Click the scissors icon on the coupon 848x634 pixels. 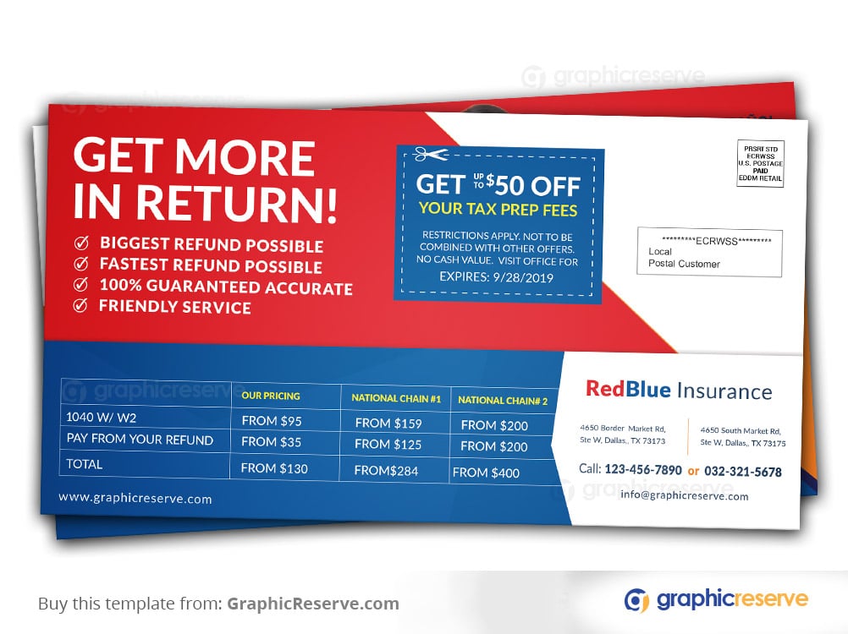pyautogui.click(x=431, y=155)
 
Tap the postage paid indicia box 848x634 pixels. pyautogui.click(x=760, y=163)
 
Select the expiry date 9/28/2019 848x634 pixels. pyautogui.click(x=523, y=278)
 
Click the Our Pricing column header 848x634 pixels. pyautogui.click(x=271, y=396)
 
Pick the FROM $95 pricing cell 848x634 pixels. pyautogui.click(x=272, y=421)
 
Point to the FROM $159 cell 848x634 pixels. pyautogui.click(x=388, y=424)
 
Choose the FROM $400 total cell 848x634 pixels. pyautogui.click(x=486, y=473)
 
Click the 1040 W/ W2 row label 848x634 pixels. pyautogui.click(x=101, y=418)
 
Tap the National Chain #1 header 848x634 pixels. pyautogui.click(x=396, y=398)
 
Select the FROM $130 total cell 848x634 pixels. pyautogui.click(x=274, y=468)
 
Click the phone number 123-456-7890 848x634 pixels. pyautogui.click(x=643, y=470)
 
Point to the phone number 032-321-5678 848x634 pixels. pyautogui.click(x=743, y=472)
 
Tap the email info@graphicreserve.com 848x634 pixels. pyautogui.click(x=684, y=495)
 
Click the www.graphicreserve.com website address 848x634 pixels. pyautogui.click(x=135, y=498)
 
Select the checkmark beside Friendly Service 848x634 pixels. pyautogui.click(x=80, y=306)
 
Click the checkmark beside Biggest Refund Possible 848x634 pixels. pyautogui.click(x=81, y=243)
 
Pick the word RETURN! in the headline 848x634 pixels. pyautogui.click(x=236, y=203)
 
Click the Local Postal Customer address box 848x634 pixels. pyautogui.click(x=709, y=252)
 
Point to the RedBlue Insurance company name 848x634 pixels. pyautogui.click(x=679, y=390)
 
